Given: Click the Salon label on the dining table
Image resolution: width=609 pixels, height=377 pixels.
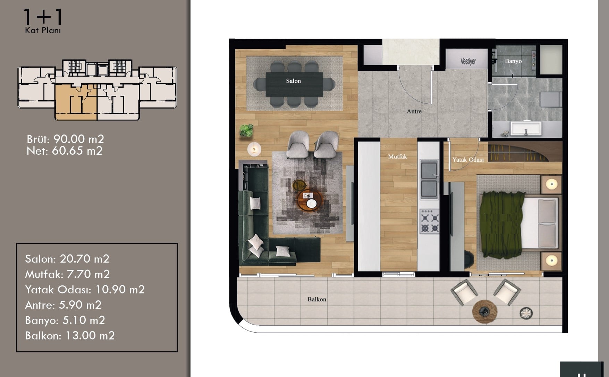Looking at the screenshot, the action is click(x=293, y=81).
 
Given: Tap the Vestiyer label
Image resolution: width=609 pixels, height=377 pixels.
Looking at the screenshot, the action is click(x=468, y=61).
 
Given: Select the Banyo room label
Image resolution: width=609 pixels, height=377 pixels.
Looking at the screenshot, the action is click(x=513, y=61).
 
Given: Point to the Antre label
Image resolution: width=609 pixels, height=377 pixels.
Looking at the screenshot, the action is click(x=414, y=111).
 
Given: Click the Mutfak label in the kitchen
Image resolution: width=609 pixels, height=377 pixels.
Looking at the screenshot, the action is click(x=397, y=156).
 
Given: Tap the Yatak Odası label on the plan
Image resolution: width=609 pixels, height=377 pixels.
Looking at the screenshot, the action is click(x=468, y=160).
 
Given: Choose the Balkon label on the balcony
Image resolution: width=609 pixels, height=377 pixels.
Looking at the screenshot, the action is click(x=316, y=299).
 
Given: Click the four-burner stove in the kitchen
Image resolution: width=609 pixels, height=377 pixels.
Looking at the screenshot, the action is click(x=430, y=221).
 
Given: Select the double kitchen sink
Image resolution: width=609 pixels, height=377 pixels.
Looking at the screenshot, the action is click(x=429, y=180).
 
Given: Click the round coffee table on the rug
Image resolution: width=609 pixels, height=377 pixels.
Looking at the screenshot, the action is click(x=310, y=200).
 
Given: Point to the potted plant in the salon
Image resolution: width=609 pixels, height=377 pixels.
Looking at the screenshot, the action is click(x=246, y=130).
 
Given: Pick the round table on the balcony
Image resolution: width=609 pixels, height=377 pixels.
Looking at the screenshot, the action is click(x=484, y=311).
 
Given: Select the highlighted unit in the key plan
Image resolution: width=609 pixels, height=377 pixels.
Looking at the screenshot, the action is click(x=76, y=102).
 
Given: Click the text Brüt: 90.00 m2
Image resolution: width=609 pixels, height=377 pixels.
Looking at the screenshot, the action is click(x=65, y=139).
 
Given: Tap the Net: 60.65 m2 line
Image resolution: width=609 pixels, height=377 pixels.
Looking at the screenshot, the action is click(x=65, y=151).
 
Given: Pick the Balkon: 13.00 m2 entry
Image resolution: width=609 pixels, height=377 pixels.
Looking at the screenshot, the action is click(x=70, y=335).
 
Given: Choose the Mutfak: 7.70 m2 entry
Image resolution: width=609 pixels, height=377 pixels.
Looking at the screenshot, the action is click(x=67, y=274).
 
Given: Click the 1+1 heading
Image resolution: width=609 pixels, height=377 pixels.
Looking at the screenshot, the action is click(x=43, y=17).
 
